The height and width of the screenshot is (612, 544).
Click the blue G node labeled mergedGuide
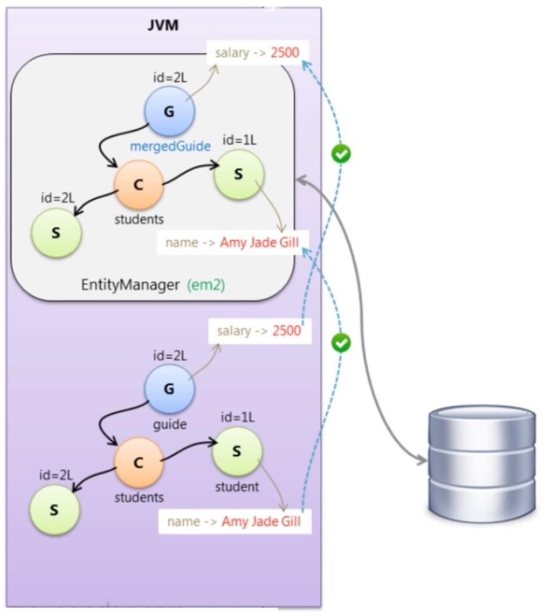(169, 111)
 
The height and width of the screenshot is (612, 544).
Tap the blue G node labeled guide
(169, 389)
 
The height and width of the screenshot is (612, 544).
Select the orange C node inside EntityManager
(139, 185)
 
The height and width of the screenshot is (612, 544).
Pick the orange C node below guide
(139, 462)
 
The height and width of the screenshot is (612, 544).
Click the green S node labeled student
(237, 451)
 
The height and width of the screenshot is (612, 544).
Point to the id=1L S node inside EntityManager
(239, 174)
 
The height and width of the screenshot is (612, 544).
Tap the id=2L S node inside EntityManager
(56, 232)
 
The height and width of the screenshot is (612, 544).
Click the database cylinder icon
(482, 462)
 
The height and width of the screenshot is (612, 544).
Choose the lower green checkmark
(341, 343)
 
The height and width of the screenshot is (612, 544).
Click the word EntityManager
(131, 285)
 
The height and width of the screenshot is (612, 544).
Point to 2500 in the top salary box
(285, 53)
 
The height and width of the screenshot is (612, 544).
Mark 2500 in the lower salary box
(286, 331)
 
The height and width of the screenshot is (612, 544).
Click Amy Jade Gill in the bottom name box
(261, 522)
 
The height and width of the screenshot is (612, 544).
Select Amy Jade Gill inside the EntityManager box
(259, 243)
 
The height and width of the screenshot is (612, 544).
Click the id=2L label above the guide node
(170, 355)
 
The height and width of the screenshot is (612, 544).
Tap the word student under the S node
(237, 487)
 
